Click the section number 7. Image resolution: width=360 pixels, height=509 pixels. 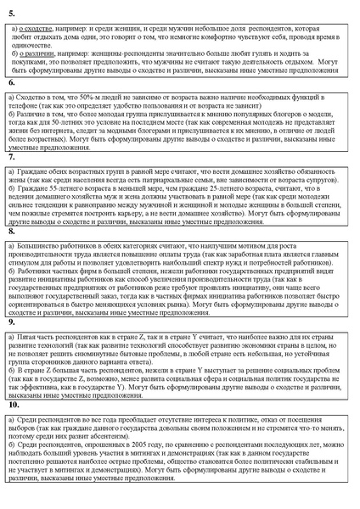click(11, 157)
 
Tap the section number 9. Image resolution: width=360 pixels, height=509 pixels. click(11, 322)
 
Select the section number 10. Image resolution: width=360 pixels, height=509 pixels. click(14, 405)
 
